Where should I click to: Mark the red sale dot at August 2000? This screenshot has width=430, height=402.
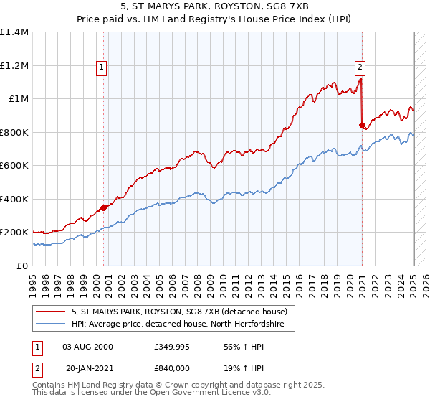click(103, 207)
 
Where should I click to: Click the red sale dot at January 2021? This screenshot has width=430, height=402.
click(362, 124)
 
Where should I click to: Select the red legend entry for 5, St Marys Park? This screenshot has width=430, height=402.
click(179, 312)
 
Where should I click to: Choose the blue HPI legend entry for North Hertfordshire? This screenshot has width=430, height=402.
click(178, 324)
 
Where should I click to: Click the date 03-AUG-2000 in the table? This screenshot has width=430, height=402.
click(87, 347)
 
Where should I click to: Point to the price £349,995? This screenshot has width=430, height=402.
click(172, 347)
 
